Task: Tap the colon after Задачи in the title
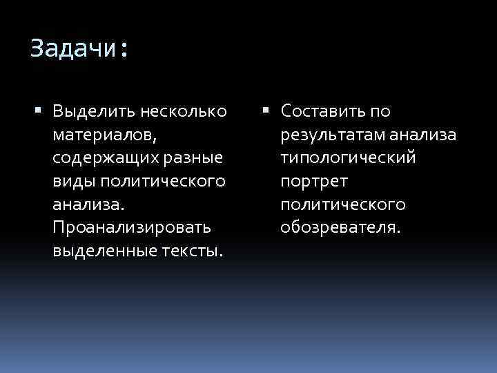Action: pyautogui.click(x=124, y=50)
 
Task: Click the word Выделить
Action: pyautogui.click(x=92, y=111)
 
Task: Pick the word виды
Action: pyautogui.click(x=74, y=182)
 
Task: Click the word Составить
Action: pyautogui.click(x=325, y=111)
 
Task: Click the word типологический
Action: pyautogui.click(x=348, y=158)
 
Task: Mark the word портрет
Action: pyautogui.click(x=314, y=182)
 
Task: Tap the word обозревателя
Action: pyautogui.click(x=340, y=228)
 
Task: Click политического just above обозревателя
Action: pyautogui.click(x=342, y=205)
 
